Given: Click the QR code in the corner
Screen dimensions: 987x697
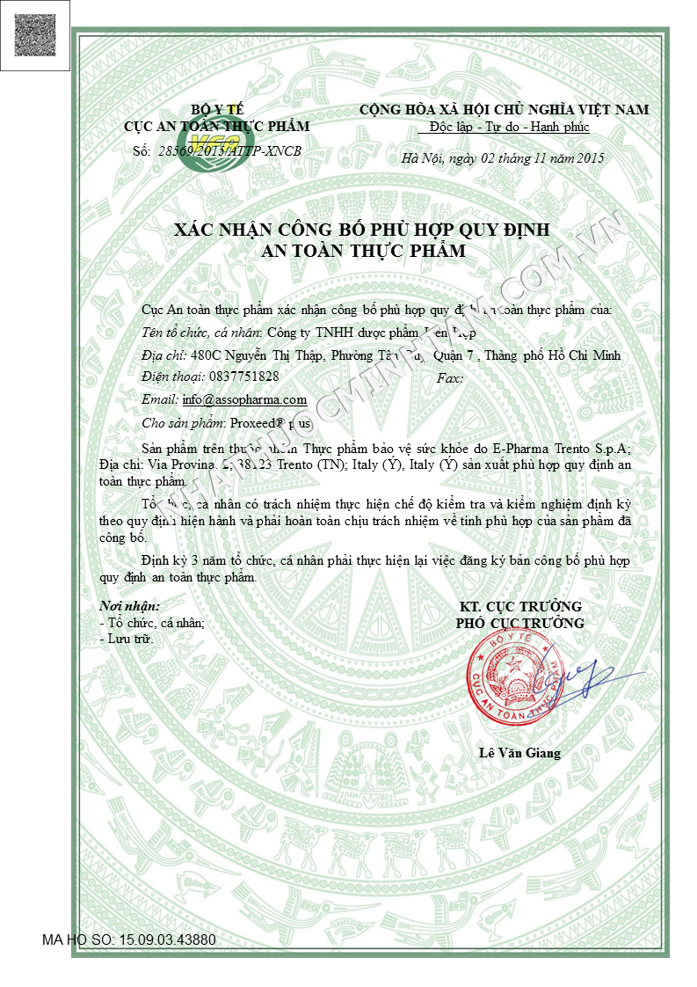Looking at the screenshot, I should (x=35, y=34).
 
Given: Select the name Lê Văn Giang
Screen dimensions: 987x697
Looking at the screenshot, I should (x=519, y=753).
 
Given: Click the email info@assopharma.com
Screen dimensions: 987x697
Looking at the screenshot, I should (x=244, y=399).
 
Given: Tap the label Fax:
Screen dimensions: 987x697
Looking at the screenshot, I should (x=449, y=377).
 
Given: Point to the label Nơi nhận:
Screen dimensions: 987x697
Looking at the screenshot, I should (x=129, y=606).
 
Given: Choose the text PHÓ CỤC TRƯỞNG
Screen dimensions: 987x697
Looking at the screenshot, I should (x=519, y=624).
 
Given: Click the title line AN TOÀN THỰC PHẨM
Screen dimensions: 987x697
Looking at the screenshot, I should (x=364, y=252).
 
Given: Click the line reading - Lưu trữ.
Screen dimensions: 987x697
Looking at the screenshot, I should (x=127, y=639).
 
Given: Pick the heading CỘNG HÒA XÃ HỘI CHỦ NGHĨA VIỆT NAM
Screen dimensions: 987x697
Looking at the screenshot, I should (x=505, y=109).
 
